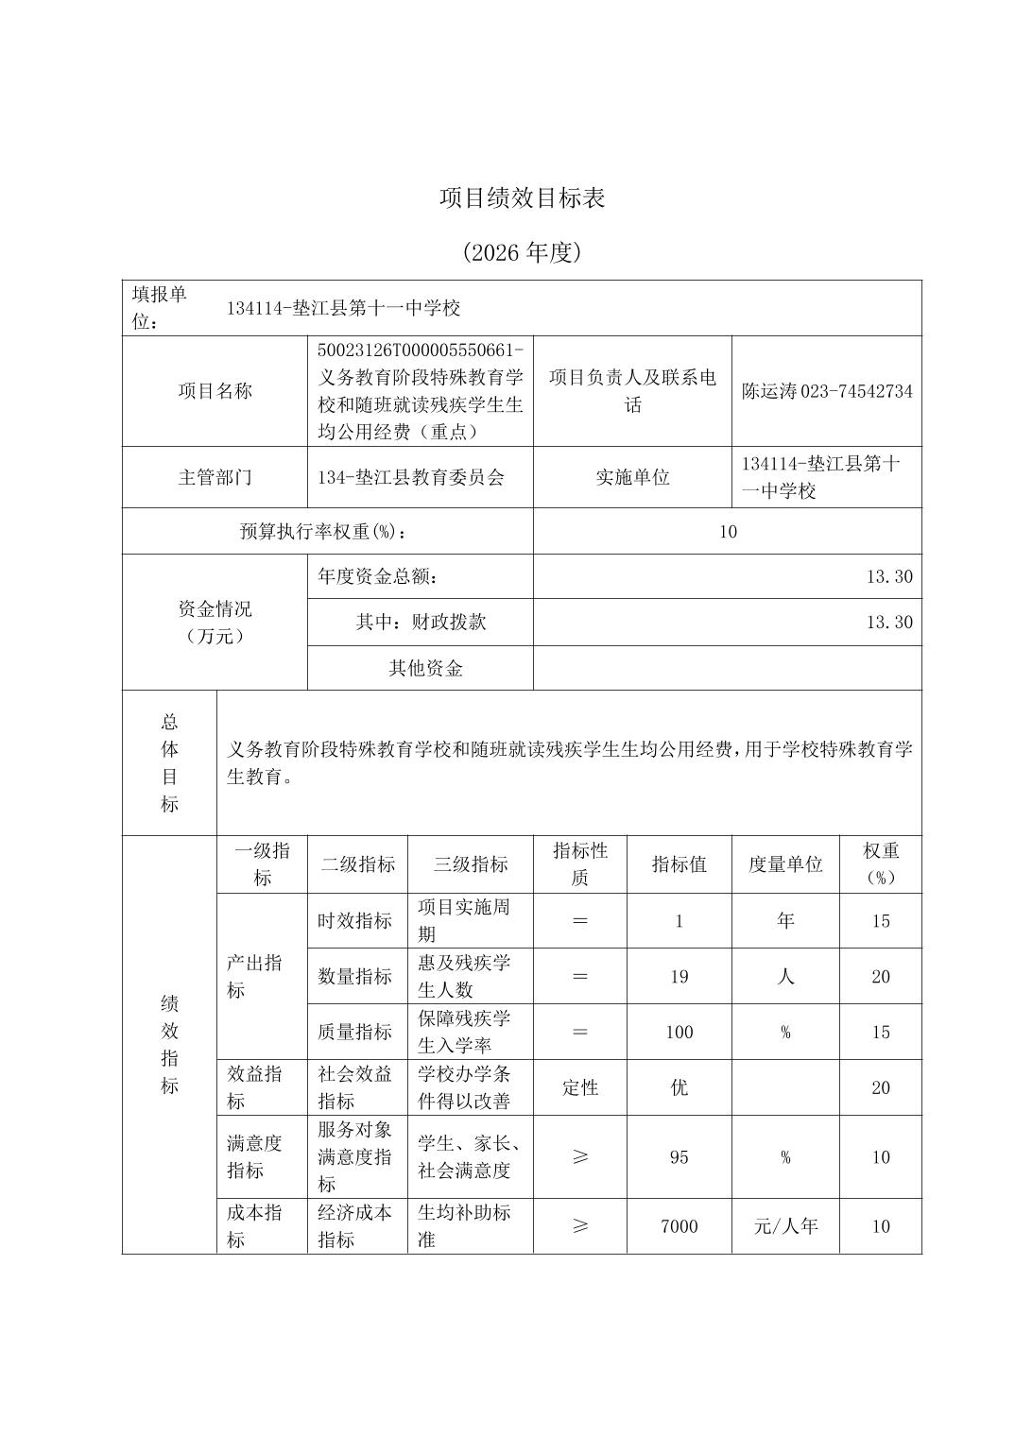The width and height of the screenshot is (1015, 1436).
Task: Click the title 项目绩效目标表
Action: click(x=522, y=197)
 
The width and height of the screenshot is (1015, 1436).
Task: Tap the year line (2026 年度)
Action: click(x=522, y=252)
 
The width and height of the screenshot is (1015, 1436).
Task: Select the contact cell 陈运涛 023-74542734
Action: click(x=827, y=391)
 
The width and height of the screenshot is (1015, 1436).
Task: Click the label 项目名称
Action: click(x=215, y=391)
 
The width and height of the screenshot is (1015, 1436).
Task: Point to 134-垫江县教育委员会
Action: click(x=411, y=477)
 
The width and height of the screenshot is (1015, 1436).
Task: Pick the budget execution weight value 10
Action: click(x=727, y=532)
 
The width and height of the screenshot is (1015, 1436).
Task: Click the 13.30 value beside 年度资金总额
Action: click(x=889, y=576)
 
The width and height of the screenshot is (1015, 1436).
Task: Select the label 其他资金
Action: click(x=425, y=669)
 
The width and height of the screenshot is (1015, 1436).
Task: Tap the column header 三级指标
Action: click(x=470, y=864)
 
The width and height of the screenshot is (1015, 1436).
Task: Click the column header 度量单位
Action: click(x=785, y=864)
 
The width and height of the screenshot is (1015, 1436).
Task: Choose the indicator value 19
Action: click(x=679, y=977)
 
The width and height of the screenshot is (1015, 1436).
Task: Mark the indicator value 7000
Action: click(x=679, y=1226)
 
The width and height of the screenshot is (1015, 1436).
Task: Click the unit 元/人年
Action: click(x=785, y=1226)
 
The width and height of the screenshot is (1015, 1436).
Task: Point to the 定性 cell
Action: click(x=579, y=1087)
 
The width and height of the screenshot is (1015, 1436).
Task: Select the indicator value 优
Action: click(x=679, y=1087)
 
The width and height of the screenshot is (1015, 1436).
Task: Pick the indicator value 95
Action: click(x=679, y=1157)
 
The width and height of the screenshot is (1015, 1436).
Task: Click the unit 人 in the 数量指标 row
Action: click(x=785, y=977)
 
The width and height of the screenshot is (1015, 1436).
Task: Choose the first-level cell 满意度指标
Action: click(x=254, y=1157)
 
